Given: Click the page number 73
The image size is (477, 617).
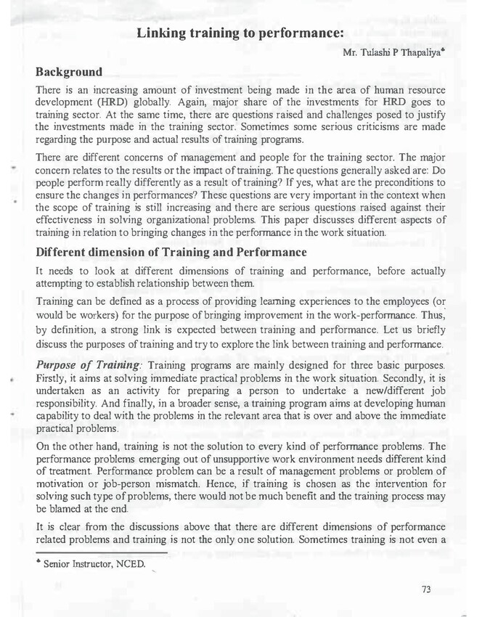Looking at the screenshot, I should pyautogui.click(x=426, y=589).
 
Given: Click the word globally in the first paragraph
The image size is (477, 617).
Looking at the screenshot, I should pyautogui.click(x=155, y=104).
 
